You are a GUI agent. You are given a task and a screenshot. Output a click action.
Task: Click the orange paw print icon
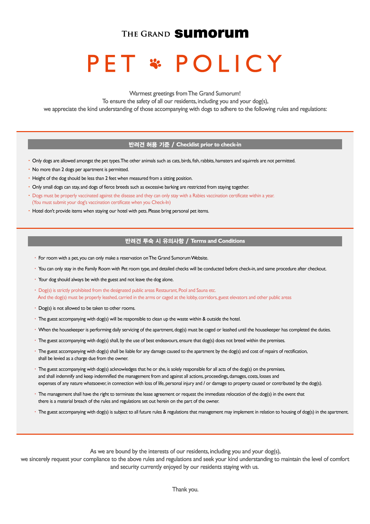click(155, 63)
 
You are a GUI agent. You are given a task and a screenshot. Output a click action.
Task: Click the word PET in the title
click(111, 63)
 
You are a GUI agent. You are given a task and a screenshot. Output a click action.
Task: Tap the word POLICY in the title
click(229, 63)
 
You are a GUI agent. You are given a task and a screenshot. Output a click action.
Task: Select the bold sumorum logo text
click(212, 33)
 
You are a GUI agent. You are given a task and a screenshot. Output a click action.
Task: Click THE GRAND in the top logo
click(146, 34)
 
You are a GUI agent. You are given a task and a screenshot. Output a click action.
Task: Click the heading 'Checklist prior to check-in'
click(209, 145)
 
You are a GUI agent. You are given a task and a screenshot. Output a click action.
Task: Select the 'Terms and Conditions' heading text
click(218, 241)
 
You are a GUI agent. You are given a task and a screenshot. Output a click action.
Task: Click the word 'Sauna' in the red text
click(202, 290)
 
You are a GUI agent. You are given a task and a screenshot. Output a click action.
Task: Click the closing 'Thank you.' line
click(185, 489)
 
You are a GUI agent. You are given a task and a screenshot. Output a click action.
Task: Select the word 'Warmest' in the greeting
click(140, 93)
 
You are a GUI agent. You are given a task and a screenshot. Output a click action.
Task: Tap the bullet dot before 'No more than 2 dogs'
click(29, 169)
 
